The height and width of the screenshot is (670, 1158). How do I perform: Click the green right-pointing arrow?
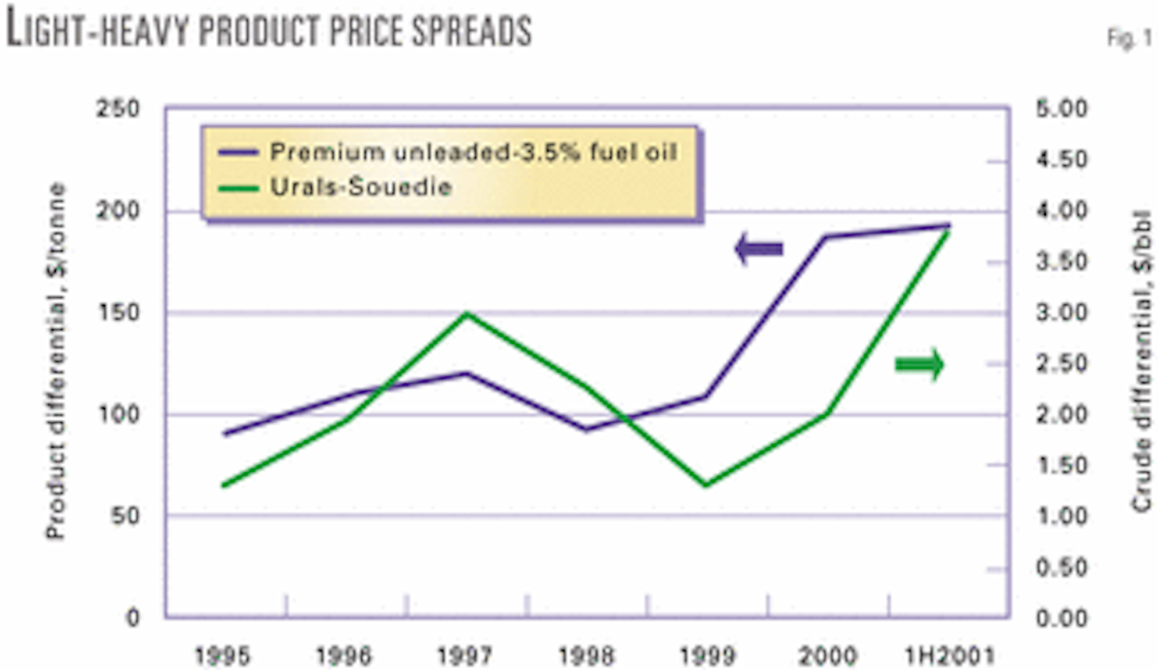tap(920, 365)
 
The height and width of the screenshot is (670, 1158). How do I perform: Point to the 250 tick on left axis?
tap(129, 108)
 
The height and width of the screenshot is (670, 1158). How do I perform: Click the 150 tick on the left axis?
tap(129, 313)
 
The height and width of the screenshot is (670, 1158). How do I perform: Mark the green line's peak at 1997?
tap(467, 314)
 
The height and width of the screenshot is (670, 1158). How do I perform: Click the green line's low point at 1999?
tap(707, 485)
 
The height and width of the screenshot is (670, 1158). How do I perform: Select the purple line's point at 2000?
tap(828, 237)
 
